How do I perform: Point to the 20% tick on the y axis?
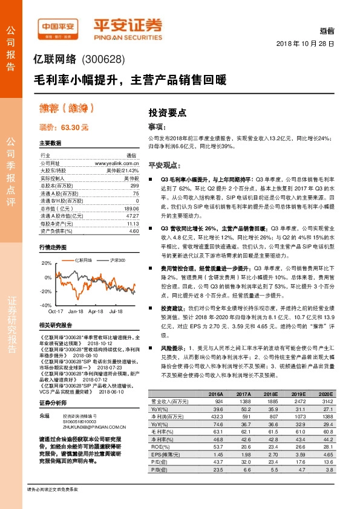coord(46,264)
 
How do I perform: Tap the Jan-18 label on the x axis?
coord(76,311)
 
